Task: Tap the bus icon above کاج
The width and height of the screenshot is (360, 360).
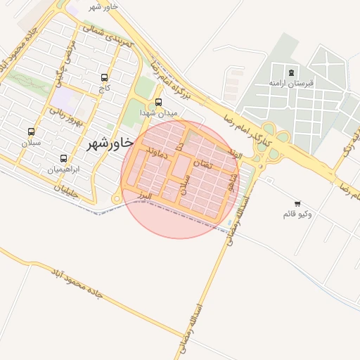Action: [105, 78]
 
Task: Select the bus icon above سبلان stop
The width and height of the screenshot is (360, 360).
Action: [31, 131]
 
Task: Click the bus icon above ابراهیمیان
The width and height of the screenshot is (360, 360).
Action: [64, 159]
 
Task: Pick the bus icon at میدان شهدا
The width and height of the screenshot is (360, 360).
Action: [158, 102]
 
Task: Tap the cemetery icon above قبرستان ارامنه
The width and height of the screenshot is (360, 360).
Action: [291, 72]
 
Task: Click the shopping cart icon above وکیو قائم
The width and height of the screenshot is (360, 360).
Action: [297, 203]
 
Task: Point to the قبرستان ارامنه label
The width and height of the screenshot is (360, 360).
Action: [291, 83]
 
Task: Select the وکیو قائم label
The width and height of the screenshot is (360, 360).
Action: [297, 213]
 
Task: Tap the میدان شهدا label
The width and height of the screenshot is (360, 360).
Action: [159, 112]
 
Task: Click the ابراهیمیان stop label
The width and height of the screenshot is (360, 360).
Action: [63, 169]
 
